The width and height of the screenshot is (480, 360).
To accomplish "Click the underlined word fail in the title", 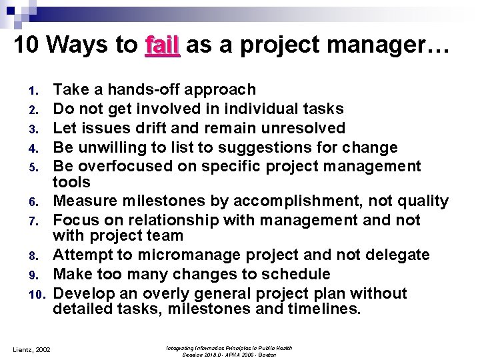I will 162,45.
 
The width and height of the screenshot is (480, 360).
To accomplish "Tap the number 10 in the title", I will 27,45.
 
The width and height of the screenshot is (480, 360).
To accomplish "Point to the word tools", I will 72,182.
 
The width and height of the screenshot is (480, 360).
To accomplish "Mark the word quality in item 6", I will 423,201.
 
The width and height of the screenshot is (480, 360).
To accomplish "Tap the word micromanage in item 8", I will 178,255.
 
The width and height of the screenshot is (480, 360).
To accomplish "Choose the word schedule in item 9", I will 295,274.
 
